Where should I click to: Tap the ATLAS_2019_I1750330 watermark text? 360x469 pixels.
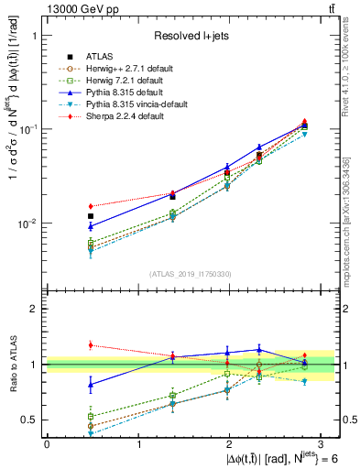191,273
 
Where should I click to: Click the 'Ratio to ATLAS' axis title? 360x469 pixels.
12,364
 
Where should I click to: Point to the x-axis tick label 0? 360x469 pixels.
47,444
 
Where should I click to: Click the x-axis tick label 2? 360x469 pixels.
229,444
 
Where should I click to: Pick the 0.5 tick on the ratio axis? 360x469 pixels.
30,420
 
